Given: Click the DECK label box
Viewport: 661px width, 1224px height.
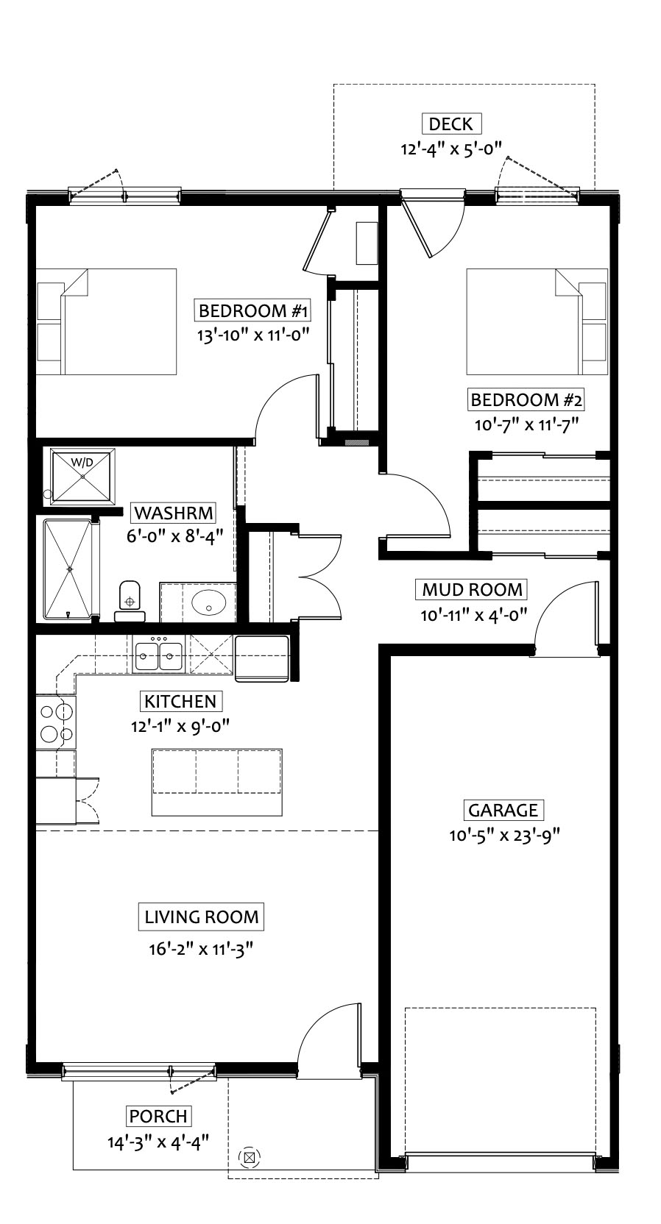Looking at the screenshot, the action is tap(451, 124).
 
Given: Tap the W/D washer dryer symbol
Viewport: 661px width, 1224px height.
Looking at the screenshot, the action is tap(82, 475).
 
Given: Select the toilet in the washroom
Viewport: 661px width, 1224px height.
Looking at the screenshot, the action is tap(130, 601).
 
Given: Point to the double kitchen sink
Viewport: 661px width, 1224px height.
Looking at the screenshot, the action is tap(159, 654).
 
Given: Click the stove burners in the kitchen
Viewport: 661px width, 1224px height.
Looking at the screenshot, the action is tap(57, 722).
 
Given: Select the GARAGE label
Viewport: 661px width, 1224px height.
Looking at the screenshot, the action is tap(503, 810).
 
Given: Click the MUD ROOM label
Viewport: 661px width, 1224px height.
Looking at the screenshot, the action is tap(473, 590).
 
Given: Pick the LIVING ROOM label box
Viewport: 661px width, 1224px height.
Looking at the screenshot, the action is tap(201, 917).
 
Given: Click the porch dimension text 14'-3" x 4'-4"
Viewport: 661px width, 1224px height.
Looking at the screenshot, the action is tap(158, 1142).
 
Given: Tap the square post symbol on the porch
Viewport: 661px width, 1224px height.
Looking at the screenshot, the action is tap(250, 1157).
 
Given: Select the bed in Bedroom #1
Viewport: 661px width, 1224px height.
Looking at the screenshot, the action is tap(106, 321).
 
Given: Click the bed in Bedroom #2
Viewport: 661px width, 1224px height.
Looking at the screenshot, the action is tap(537, 321).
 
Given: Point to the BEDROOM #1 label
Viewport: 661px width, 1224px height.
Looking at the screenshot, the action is tap(253, 311).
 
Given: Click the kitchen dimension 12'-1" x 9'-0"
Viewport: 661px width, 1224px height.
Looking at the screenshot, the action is tap(180, 726).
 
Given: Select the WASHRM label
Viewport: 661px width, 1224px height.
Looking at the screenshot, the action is tap(173, 513).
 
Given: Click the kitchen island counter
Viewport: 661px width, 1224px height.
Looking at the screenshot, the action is tap(217, 782).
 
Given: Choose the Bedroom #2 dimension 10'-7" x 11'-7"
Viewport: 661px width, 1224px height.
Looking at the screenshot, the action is tap(526, 424).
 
